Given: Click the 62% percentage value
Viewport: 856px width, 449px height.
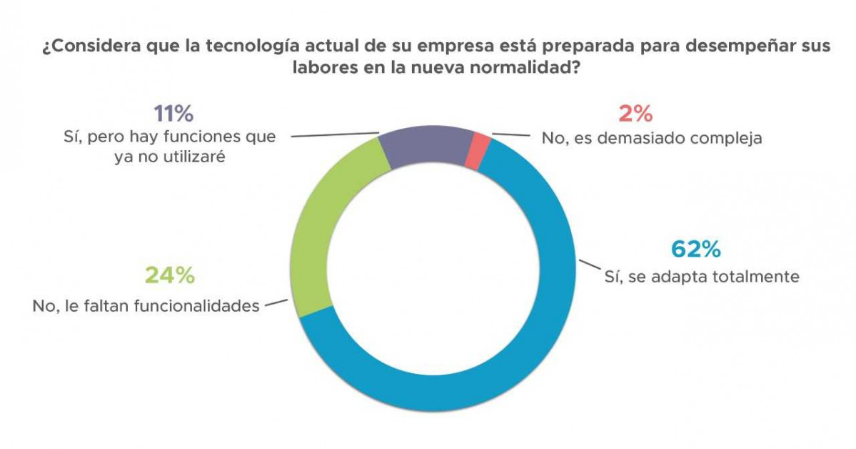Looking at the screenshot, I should [695, 249].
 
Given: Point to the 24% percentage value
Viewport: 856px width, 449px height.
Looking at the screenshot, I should [170, 275].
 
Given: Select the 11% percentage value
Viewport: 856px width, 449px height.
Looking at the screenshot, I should [173, 114].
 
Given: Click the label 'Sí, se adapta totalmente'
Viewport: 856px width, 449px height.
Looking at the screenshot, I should [702, 276].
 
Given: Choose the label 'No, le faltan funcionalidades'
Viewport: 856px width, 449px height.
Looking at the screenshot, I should [146, 307].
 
